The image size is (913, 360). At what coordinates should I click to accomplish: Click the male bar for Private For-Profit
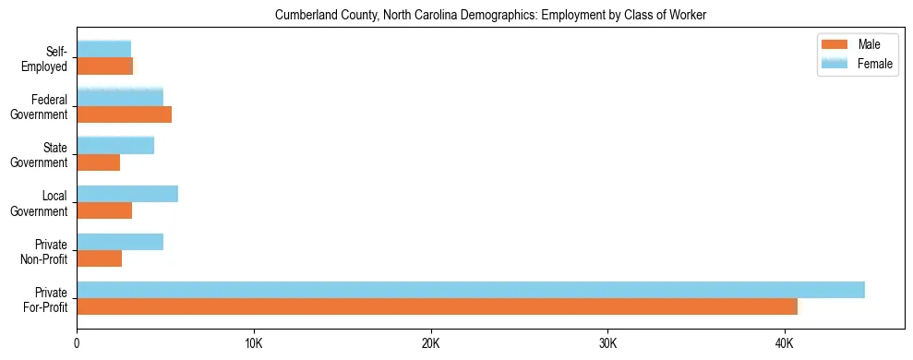coord(437,306)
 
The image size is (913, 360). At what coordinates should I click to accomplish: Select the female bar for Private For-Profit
coord(471,290)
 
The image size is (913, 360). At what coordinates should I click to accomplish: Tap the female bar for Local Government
coord(127,194)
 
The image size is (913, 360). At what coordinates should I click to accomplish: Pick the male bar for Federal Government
coord(124,114)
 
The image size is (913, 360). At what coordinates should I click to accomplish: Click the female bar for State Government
coord(115,145)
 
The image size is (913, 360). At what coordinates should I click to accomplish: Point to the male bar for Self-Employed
coord(104,66)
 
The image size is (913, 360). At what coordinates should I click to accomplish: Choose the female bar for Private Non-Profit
coord(120,242)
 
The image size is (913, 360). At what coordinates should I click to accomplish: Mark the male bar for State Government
coord(98,162)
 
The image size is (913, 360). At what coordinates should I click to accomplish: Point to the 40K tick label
coord(785,344)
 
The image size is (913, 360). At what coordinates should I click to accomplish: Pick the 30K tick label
coord(607,344)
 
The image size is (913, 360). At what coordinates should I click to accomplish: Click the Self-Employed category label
coord(48,58)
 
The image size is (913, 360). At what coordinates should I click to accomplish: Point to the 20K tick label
coord(430,344)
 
